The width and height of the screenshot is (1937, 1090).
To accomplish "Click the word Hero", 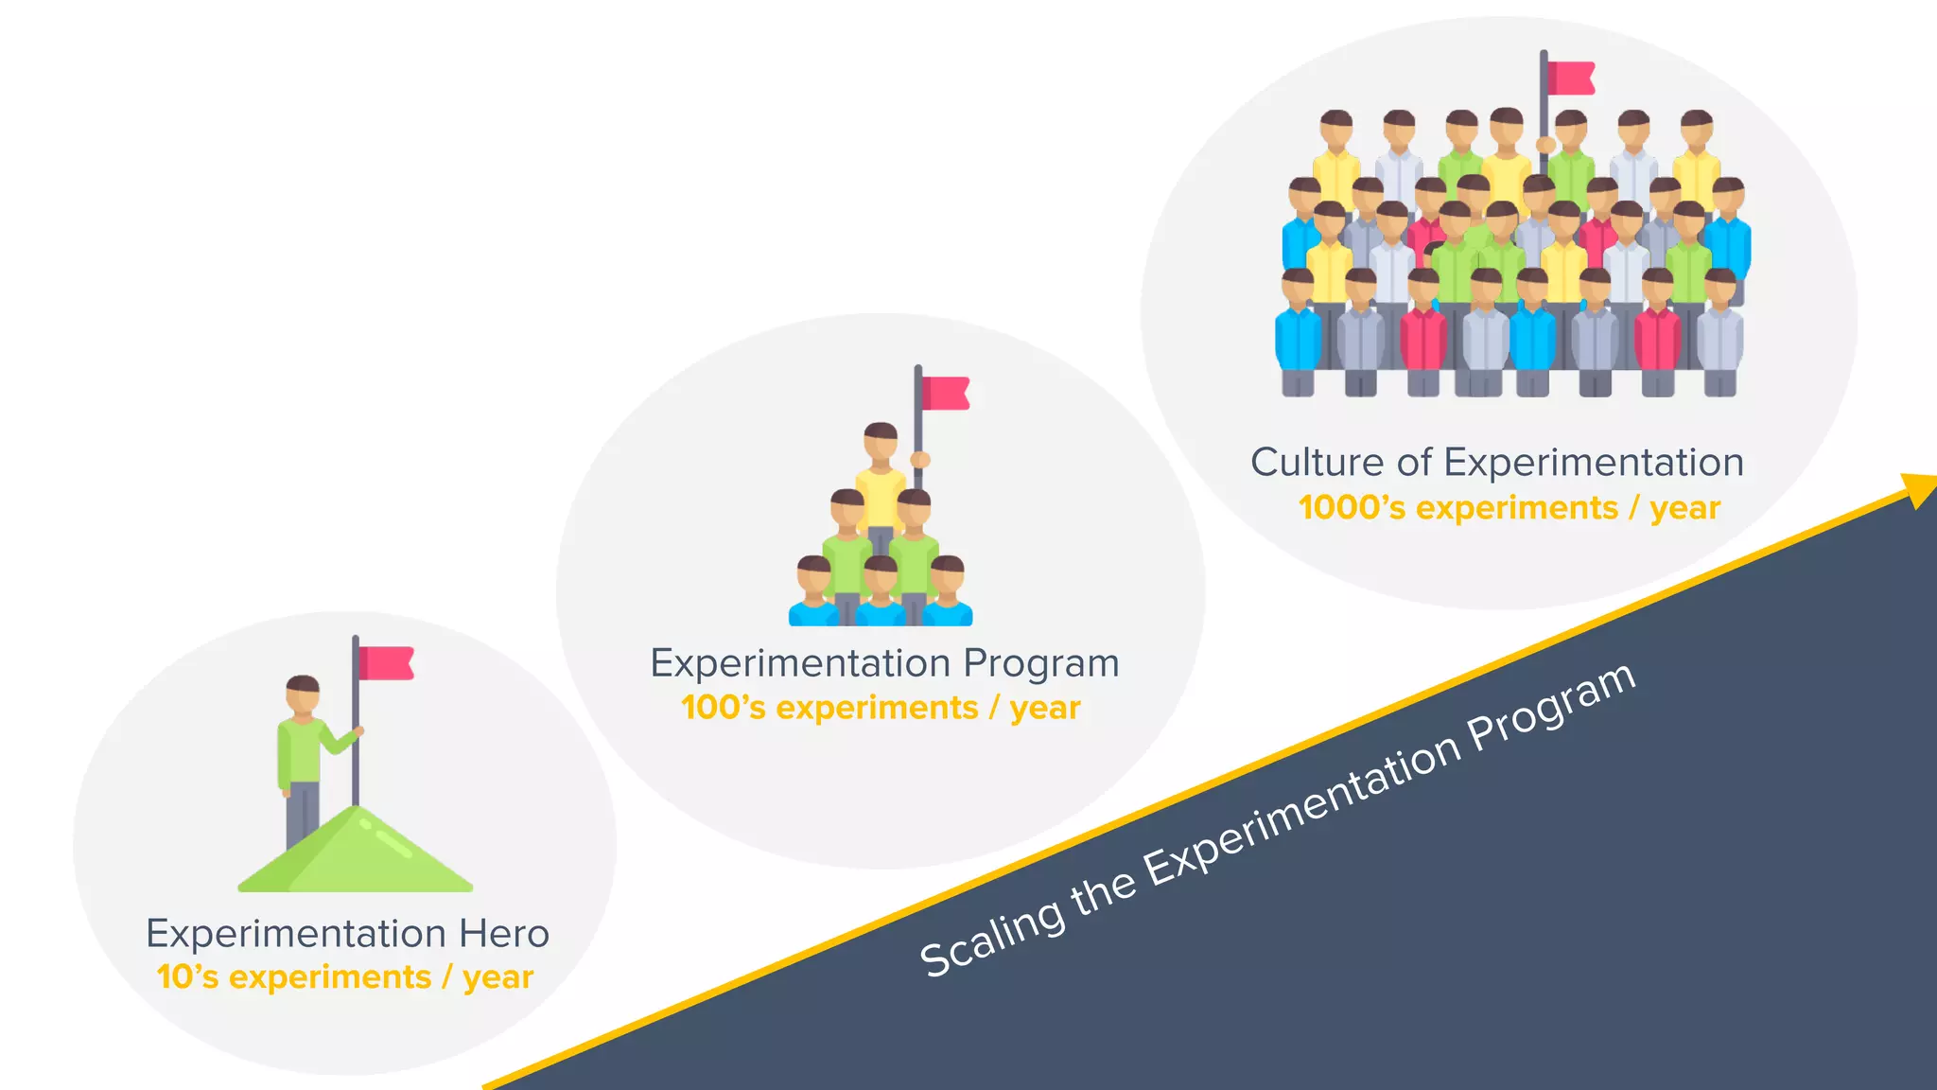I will [x=503, y=934].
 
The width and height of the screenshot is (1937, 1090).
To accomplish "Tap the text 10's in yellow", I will [x=187, y=977].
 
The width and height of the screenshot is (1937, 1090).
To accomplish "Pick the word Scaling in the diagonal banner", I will [x=990, y=938].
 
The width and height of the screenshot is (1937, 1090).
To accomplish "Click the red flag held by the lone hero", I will [x=386, y=662].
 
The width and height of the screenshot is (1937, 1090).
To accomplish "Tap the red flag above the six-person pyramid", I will [x=945, y=393].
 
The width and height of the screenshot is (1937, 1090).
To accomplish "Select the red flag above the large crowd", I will [x=1571, y=79].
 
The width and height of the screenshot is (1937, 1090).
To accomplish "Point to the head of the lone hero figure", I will [x=303, y=695].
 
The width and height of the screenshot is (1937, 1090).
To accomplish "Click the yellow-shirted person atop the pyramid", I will [x=881, y=492].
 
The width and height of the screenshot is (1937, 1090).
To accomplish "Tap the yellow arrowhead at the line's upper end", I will [x=1920, y=488].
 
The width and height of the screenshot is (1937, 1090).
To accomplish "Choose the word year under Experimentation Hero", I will [x=497, y=977].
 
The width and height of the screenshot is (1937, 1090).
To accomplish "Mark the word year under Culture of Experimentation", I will [x=1684, y=508].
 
